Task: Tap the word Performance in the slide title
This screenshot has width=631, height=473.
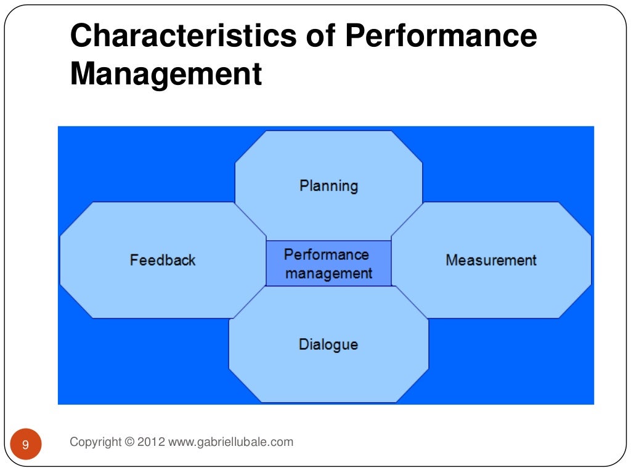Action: [x=441, y=37]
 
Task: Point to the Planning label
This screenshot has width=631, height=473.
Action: [x=328, y=186]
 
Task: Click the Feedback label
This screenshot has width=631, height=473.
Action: [x=163, y=260]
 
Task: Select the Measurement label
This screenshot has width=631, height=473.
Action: [x=491, y=260]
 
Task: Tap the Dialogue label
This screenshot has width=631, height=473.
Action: [x=328, y=344]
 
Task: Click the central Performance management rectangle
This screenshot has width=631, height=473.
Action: [x=328, y=264]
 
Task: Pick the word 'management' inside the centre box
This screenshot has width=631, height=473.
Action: [x=328, y=273]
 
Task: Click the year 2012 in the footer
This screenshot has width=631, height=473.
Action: [x=151, y=442]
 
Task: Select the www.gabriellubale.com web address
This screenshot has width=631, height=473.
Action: [x=230, y=442]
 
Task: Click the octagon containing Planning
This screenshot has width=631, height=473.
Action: [x=328, y=160]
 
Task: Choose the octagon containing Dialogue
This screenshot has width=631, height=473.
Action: [x=328, y=370]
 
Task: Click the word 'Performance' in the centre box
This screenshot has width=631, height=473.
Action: [x=326, y=254]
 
